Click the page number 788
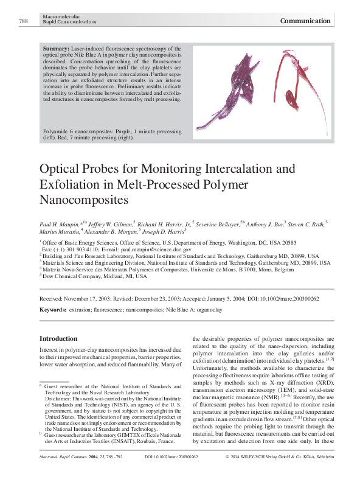24,21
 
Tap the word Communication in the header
305,21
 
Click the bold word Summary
57,48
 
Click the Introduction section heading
58,338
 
